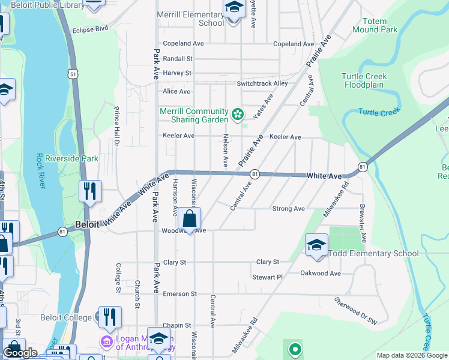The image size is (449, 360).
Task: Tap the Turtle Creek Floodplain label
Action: (x=364, y=80)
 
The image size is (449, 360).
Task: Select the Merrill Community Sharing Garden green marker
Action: (x=238, y=113)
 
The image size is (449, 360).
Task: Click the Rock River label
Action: (x=40, y=171)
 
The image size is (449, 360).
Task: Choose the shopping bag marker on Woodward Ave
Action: (x=190, y=219)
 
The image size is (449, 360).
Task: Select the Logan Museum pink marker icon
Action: (x=106, y=341)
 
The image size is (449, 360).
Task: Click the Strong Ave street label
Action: (x=288, y=209)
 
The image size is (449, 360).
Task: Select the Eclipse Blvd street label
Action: (x=90, y=29)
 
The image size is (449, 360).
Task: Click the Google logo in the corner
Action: (x=20, y=353)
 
